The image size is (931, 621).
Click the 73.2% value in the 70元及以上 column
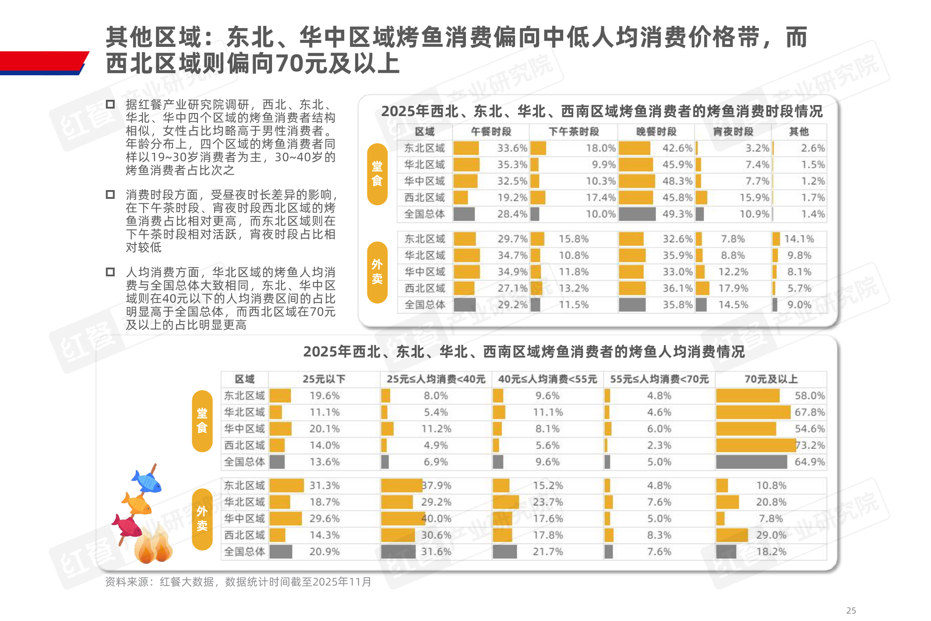pyautogui.click(x=810, y=445)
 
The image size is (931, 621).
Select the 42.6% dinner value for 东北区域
pyautogui.click(x=677, y=148)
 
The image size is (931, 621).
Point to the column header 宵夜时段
pyautogui.click(x=733, y=132)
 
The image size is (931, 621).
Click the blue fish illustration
pyautogui.click(x=148, y=481)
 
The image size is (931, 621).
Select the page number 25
pyautogui.click(x=851, y=610)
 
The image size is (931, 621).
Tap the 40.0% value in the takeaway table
pyautogui.click(x=436, y=519)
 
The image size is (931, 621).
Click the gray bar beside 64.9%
pyautogui.click(x=751, y=462)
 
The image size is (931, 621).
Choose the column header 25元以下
pyautogui.click(x=324, y=379)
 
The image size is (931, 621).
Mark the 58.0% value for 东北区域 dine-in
pyautogui.click(x=810, y=396)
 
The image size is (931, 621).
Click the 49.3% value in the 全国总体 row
pyautogui.click(x=677, y=214)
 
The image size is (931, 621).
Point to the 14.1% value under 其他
pyautogui.click(x=799, y=239)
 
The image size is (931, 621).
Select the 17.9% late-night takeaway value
pyautogui.click(x=733, y=289)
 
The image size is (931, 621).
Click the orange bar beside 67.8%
pyautogui.click(x=753, y=413)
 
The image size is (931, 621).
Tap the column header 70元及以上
pyautogui.click(x=771, y=379)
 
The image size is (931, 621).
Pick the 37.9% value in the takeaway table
pyautogui.click(x=436, y=486)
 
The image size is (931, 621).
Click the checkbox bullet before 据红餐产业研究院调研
pyautogui.click(x=110, y=104)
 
